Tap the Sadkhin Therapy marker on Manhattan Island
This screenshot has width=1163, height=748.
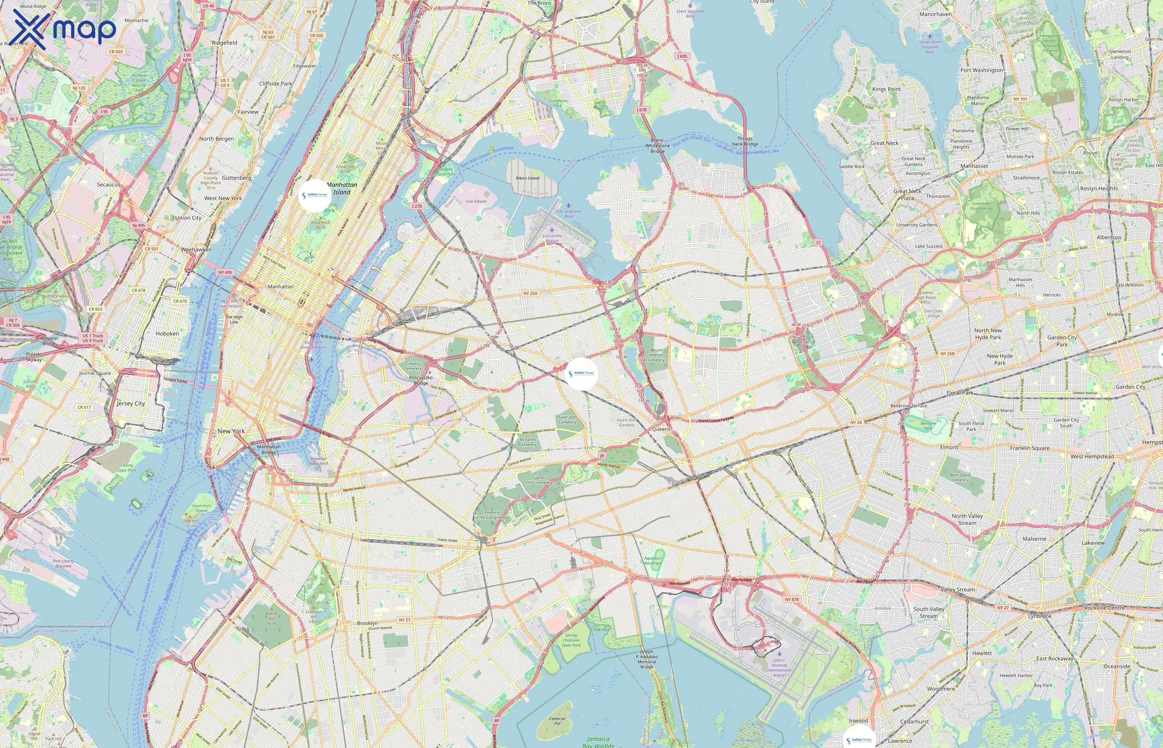coord(314,195)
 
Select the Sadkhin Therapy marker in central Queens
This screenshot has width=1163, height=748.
coord(582,374)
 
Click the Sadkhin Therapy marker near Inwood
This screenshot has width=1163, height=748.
coord(859,739)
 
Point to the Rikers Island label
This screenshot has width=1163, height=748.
coord(527,178)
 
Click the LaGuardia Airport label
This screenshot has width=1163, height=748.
coord(552,238)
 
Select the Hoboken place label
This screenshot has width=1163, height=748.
coord(167,334)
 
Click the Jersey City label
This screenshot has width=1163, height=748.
coord(130,404)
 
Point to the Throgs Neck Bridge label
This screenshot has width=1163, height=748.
coord(745,141)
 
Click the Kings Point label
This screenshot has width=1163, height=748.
coord(886,89)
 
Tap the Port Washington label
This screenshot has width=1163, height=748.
coord(981,70)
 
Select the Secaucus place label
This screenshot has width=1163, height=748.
coord(108,185)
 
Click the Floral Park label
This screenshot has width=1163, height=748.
coord(959,392)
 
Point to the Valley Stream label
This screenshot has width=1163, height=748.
coord(957,590)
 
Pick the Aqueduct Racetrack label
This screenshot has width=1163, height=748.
coord(653,561)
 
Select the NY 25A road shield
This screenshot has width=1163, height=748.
coord(530,293)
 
